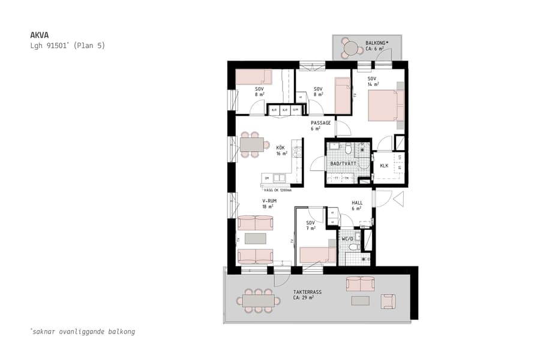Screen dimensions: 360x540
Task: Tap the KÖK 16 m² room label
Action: pyautogui.click(x=281, y=150)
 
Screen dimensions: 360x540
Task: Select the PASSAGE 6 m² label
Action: pyautogui.click(x=320, y=125)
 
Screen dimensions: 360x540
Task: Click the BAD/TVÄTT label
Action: pyautogui.click(x=343, y=163)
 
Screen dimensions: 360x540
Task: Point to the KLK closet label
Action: pyautogui.click(x=384, y=166)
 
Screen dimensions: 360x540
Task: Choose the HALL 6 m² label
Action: pyautogui.click(x=357, y=205)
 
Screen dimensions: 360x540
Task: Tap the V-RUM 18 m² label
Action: pyautogui.click(x=269, y=203)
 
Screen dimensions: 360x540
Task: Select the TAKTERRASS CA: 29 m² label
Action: pyautogui.click(x=307, y=295)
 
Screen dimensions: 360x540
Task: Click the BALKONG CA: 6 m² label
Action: pyautogui.click(x=377, y=46)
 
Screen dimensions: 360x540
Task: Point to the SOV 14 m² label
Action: pyautogui.click(x=373, y=82)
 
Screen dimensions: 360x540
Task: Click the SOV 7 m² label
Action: pyautogui.click(x=311, y=226)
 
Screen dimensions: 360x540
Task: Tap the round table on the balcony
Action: pyautogui.click(x=349, y=47)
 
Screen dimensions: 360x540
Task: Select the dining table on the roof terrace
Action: pyautogui.click(x=259, y=299)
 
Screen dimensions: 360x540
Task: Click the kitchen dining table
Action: pyautogui.click(x=251, y=145)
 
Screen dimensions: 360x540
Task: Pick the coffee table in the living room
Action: pyautogui.click(x=255, y=238)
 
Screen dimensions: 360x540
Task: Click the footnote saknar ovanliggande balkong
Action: pyautogui.click(x=82, y=331)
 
